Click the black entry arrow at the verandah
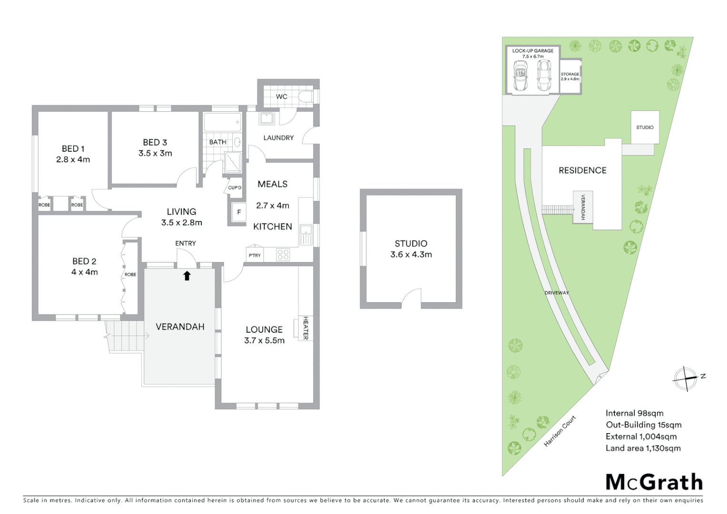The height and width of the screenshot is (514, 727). (x=187, y=275)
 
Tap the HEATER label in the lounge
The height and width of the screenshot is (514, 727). (x=305, y=328)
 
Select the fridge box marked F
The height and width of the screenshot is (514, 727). (x=239, y=212)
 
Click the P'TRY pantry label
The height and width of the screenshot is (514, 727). (x=255, y=255)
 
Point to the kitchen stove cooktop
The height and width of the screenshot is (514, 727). (x=283, y=255)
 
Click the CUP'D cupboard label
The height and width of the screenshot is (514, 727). (x=235, y=188)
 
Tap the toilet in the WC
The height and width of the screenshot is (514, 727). (x=307, y=97)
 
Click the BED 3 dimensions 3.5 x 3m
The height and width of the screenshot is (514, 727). (x=155, y=153)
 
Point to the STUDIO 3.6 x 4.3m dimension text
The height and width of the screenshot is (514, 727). (x=411, y=255)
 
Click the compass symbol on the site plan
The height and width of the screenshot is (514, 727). (x=686, y=378)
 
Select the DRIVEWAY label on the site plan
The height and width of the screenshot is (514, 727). (x=557, y=293)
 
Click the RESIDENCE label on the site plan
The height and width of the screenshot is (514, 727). (x=582, y=170)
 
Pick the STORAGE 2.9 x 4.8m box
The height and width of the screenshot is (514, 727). (x=570, y=76)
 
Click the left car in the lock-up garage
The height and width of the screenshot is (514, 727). (x=520, y=77)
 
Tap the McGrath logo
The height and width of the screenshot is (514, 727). (x=654, y=482)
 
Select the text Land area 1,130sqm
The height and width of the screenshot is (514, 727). (x=643, y=448)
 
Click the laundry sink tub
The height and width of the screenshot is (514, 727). (x=266, y=118)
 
